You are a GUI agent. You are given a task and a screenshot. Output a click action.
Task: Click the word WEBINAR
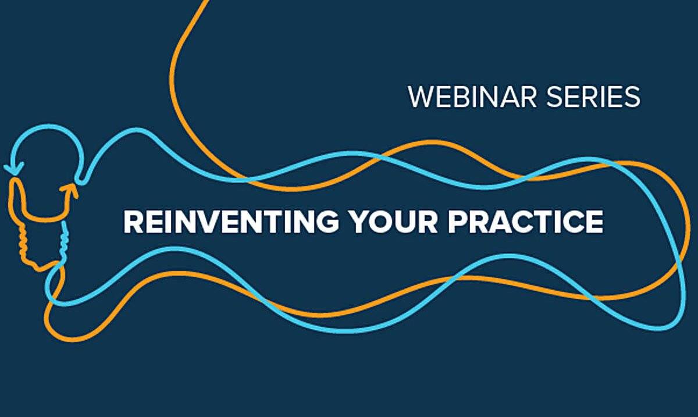coord(472,97)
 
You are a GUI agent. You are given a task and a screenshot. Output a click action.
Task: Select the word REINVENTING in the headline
coord(231,222)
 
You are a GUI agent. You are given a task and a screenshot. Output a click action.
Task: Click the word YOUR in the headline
coord(393,222)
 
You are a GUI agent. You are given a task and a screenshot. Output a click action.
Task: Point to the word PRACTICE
coord(525,222)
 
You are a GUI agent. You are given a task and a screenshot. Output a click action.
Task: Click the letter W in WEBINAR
coord(422,97)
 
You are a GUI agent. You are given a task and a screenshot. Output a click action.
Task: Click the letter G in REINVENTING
coord(326,222)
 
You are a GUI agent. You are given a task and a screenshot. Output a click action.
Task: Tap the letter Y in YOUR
coord(359,222)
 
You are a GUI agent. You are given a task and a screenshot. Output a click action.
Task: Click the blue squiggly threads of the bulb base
coord(65,240)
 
